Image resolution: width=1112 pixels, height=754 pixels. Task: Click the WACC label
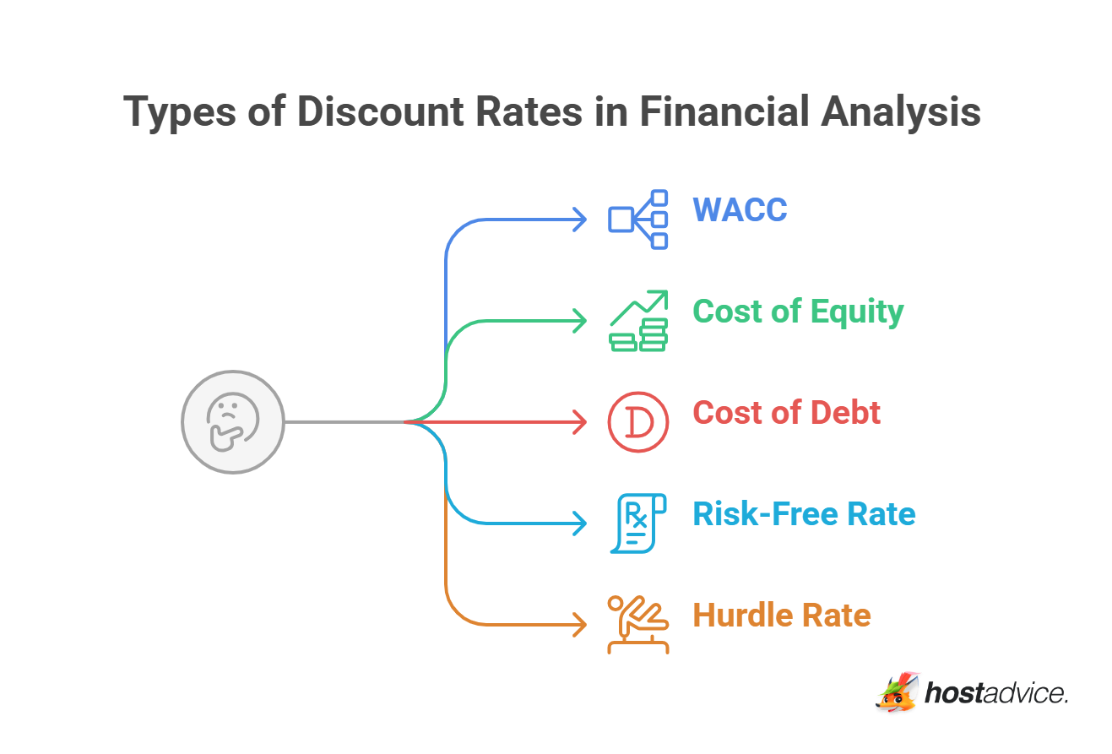740,209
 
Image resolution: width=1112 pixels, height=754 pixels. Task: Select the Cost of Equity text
798,312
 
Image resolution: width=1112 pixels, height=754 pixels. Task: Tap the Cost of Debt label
786,413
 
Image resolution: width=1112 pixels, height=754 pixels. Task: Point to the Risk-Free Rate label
804,514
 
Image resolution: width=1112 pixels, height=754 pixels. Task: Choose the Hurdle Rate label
781,616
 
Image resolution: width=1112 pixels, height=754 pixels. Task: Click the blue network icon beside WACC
638,220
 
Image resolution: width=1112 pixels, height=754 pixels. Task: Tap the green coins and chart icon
638,321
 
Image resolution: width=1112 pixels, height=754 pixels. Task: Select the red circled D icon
638,422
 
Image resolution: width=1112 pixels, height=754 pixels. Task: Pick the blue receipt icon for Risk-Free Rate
638,523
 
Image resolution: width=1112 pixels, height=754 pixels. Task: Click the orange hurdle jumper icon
638,625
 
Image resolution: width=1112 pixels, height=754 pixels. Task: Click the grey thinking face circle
233,421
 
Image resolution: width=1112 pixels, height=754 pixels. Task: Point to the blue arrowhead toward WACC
580,220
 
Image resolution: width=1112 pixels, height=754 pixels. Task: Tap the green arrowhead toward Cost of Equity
580,321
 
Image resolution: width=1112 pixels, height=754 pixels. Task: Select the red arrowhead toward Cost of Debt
580,421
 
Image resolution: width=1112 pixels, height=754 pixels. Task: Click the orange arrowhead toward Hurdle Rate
580,625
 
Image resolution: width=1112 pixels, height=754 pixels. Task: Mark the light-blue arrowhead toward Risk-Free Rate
580,523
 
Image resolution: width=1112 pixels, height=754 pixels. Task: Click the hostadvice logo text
996,694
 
